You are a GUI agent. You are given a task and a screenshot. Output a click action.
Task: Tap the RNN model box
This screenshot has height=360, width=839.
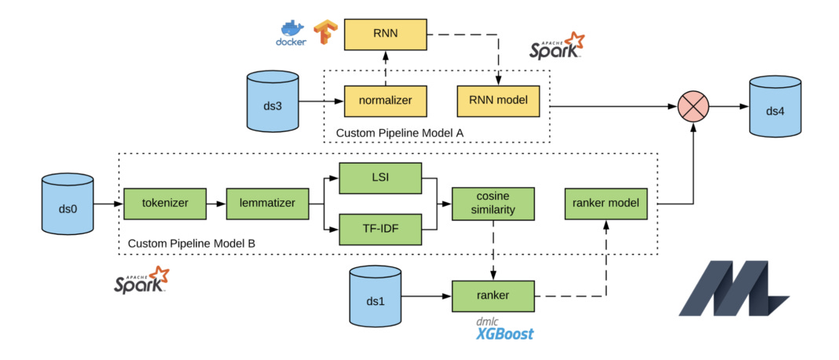click(x=498, y=101)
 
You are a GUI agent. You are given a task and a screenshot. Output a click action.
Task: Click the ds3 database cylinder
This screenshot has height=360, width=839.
click(x=273, y=101)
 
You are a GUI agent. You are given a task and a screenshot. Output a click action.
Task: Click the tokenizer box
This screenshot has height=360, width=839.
click(x=165, y=203)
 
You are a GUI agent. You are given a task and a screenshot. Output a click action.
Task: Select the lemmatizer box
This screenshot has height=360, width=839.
click(x=268, y=203)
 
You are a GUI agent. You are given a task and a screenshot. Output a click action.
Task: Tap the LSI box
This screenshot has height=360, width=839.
click(x=380, y=178)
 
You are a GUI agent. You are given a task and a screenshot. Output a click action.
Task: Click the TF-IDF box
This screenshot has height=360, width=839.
click(x=380, y=229)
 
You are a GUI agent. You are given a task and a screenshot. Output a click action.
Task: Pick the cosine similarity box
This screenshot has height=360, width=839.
click(x=493, y=203)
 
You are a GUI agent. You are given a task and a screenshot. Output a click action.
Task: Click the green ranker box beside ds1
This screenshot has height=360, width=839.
click(x=492, y=296)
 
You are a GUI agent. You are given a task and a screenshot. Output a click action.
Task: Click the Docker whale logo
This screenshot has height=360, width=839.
click(x=291, y=33)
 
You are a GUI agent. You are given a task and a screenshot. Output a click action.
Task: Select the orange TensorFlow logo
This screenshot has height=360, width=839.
click(x=323, y=33)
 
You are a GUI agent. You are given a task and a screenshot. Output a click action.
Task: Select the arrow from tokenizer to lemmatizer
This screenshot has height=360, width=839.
click(x=216, y=203)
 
